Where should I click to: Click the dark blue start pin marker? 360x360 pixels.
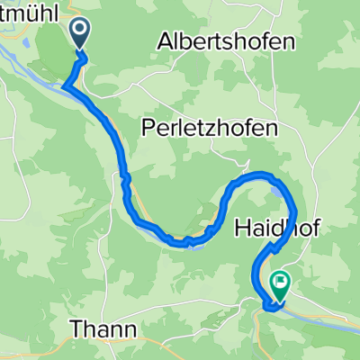[x=79, y=33]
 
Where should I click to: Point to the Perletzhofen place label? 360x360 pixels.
[x=208, y=130]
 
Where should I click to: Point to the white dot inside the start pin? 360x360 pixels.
[x=79, y=30]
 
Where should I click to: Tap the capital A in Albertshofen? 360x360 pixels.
[x=164, y=41]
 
